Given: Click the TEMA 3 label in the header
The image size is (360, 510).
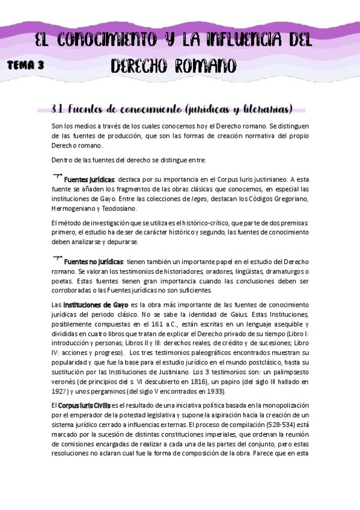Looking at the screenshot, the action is (x=26, y=67).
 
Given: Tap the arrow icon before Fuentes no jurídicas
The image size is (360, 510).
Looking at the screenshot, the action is (x=58, y=259).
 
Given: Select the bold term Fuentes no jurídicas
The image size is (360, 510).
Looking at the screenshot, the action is (x=94, y=262).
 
